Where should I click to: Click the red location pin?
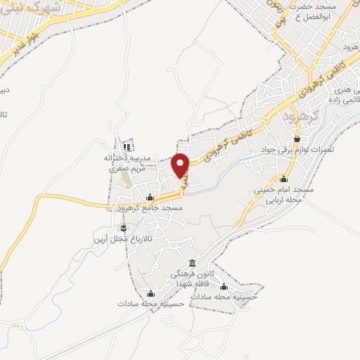[182, 165]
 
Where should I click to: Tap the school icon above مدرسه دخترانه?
[127, 146]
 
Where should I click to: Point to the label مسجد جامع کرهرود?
[150, 209]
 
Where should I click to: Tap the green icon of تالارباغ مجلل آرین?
[124, 227]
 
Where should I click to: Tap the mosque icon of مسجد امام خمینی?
[283, 179]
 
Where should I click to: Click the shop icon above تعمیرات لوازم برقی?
[297, 139]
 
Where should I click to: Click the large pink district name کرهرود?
[298, 113]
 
